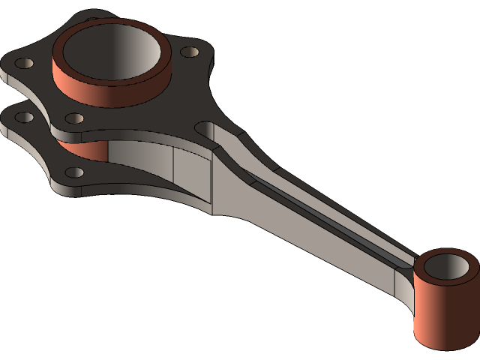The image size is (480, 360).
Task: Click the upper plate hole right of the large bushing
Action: pos(190,52)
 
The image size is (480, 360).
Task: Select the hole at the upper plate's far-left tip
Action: pos(23,63)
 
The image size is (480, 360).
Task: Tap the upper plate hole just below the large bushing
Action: pos(74,118)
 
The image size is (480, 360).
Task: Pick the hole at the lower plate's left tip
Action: pos(25,117)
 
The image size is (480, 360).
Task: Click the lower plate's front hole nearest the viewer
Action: pos(75,172)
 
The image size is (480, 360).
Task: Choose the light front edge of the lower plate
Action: pos(135,190)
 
